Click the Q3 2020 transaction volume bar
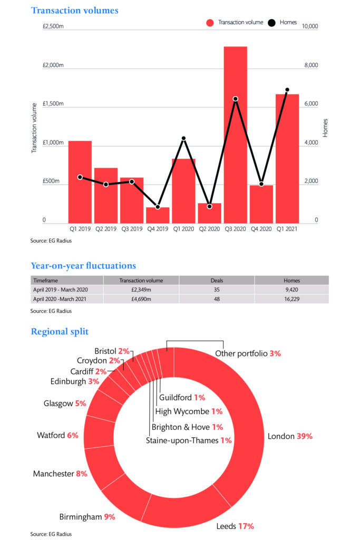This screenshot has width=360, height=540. click(235, 134)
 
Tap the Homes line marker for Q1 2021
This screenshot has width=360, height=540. click(287, 90)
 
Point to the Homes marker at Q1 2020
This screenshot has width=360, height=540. click(183, 139)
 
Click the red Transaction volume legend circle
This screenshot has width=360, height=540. click(209, 23)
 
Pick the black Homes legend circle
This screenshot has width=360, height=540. click(272, 23)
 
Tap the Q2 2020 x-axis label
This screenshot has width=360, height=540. click(209, 229)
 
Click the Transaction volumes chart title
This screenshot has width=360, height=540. click(75, 10)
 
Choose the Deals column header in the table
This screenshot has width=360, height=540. click(217, 281)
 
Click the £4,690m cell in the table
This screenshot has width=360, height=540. click(141, 299)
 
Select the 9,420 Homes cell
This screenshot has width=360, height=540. click(291, 290)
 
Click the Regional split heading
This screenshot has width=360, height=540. click(60, 332)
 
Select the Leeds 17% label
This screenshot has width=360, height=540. click(235, 526)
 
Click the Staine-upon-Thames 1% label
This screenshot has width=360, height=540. click(189, 440)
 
